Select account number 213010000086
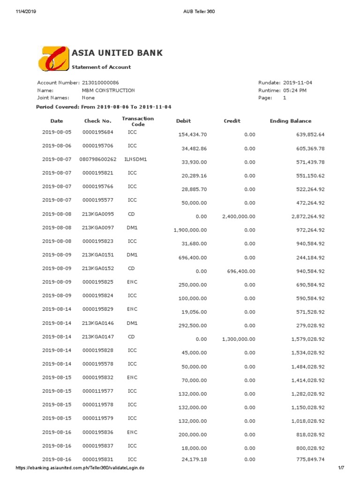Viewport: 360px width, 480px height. [x=100, y=82]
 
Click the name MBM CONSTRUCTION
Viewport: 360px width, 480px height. [x=108, y=90]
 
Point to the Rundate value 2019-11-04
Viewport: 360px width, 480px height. [x=298, y=82]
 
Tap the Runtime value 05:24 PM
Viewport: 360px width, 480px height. [x=295, y=90]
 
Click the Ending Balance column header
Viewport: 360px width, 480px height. [x=291, y=121]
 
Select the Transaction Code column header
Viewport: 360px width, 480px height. [x=137, y=121]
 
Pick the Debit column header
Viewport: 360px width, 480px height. [x=183, y=121]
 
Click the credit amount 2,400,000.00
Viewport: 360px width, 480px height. [x=239, y=217]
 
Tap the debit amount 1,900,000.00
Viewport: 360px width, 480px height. [x=190, y=230]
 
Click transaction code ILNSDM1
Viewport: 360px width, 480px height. [x=135, y=159]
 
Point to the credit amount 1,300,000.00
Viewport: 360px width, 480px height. [x=239, y=339]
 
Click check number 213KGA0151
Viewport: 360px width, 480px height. [x=97, y=255]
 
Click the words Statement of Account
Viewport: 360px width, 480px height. [x=101, y=67]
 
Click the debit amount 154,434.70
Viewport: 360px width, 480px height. [x=193, y=135]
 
